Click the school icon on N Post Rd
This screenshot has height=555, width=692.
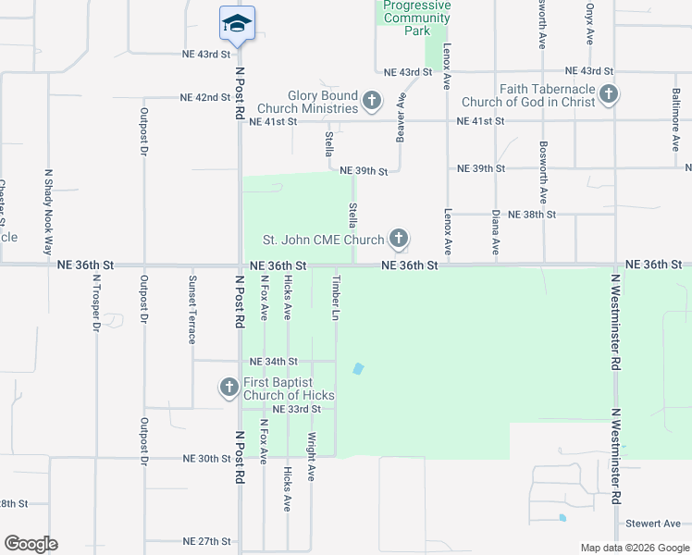[x=237, y=24]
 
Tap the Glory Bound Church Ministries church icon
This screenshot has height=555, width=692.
[x=372, y=100]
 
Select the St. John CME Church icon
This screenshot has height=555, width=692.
[x=399, y=240]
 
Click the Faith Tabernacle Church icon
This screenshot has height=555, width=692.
[x=608, y=93]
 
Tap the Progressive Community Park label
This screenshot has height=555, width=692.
[x=417, y=18]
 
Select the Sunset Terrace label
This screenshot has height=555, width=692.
[x=192, y=309]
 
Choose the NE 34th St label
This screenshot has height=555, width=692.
[x=274, y=361]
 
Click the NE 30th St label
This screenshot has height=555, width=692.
[x=206, y=458]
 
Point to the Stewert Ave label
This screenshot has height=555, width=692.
[x=653, y=524]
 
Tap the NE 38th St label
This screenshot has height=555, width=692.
[x=532, y=214]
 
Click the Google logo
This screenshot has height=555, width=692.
[x=31, y=544]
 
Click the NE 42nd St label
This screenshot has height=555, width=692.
[x=205, y=97]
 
